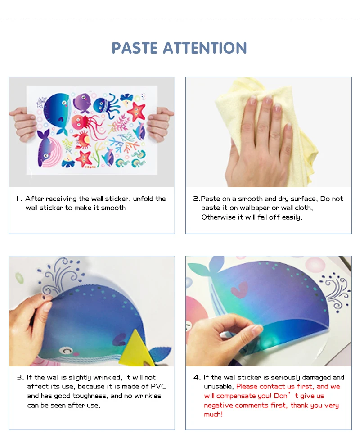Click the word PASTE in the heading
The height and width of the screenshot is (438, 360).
pos(135,48)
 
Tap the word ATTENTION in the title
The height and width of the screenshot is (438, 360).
pos(205,48)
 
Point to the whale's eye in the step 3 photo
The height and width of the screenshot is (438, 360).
pos(66,350)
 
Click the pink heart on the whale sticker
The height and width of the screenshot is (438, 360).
pos(239,289)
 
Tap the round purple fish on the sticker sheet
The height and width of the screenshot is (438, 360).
pos(82,102)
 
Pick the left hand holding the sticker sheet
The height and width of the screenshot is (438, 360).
pos(23,123)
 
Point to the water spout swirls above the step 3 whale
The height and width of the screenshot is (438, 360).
pos(60,275)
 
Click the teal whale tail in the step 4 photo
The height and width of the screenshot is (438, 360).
pos(205,267)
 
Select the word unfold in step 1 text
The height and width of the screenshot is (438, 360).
pos(143,199)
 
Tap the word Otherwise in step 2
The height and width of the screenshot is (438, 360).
pos(219,217)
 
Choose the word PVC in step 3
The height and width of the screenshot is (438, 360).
pos(158,386)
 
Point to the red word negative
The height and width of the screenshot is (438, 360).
pos(218,405)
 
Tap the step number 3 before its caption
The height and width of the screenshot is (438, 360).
pos(20,377)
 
